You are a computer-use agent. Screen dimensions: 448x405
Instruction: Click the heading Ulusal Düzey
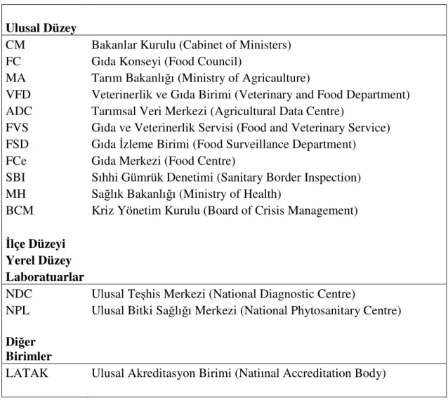tap(41, 28)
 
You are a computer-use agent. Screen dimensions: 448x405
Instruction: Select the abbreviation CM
tap(15, 45)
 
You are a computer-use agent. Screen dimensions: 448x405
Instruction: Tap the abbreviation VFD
tap(18, 95)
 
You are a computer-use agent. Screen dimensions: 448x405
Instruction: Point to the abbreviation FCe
tap(16, 161)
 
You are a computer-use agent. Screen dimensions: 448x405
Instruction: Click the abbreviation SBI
tap(15, 178)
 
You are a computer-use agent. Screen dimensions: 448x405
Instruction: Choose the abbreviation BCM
tap(20, 211)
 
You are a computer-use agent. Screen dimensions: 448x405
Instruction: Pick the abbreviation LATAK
tap(27, 373)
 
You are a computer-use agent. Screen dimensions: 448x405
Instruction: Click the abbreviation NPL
tap(18, 310)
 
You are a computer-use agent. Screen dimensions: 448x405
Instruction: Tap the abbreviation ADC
tap(19, 111)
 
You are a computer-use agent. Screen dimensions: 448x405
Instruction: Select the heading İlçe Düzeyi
tap(35, 244)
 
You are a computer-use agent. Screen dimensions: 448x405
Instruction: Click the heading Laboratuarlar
tap(45, 277)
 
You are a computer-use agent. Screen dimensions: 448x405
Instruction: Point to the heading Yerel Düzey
tap(39, 260)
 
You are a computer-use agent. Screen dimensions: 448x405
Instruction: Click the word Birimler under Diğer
tap(29, 357)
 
